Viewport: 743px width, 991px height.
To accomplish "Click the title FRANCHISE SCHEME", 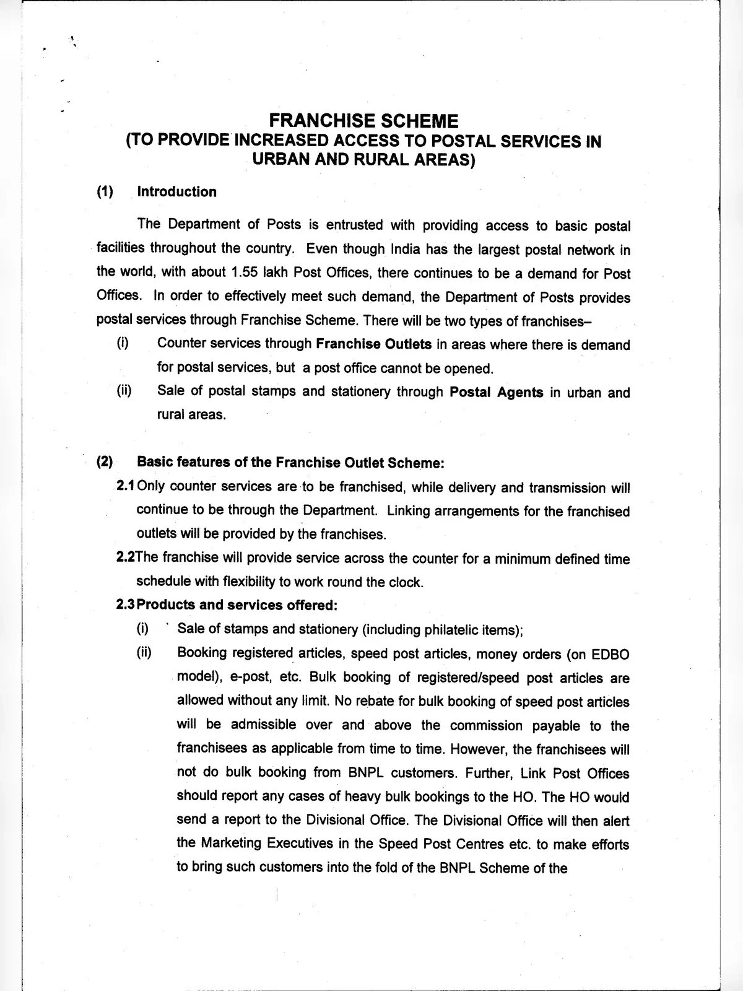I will [x=363, y=120].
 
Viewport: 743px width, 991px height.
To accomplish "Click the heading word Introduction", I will [x=176, y=192].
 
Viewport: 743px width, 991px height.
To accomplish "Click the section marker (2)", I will [x=105, y=462].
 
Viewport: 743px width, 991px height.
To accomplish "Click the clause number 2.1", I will [x=125, y=486].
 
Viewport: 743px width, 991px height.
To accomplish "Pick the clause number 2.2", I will [x=125, y=557].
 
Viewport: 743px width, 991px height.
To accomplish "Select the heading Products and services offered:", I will [x=237, y=605].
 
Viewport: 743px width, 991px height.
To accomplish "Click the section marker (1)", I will [x=105, y=192].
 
